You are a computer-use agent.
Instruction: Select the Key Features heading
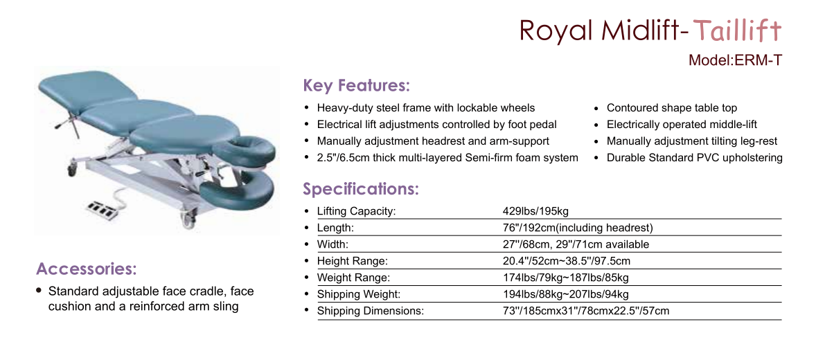[357, 84]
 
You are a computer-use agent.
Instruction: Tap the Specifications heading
[361, 188]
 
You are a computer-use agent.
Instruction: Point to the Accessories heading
[87, 269]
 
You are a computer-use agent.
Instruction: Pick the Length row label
[336, 228]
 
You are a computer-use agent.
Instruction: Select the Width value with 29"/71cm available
[573, 244]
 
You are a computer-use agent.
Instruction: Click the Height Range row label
[353, 261]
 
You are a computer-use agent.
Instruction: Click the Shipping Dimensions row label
[371, 311]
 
